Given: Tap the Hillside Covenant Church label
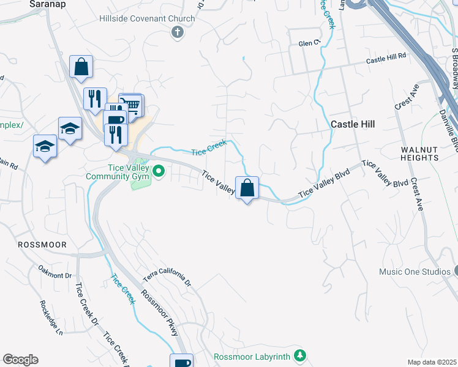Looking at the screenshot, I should (147, 18).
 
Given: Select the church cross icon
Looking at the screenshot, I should (178, 32).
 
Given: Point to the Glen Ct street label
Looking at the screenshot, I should (309, 43).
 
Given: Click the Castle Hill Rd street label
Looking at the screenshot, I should (386, 59).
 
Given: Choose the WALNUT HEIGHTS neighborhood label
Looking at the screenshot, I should (420, 154).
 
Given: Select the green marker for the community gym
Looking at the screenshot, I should (159, 171).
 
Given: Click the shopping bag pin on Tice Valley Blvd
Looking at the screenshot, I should (247, 188).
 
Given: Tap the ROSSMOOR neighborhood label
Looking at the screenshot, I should (42, 244).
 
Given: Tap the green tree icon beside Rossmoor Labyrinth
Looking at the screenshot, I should (299, 355).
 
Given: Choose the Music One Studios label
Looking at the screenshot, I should (414, 272).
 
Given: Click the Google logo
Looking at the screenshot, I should (20, 360).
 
